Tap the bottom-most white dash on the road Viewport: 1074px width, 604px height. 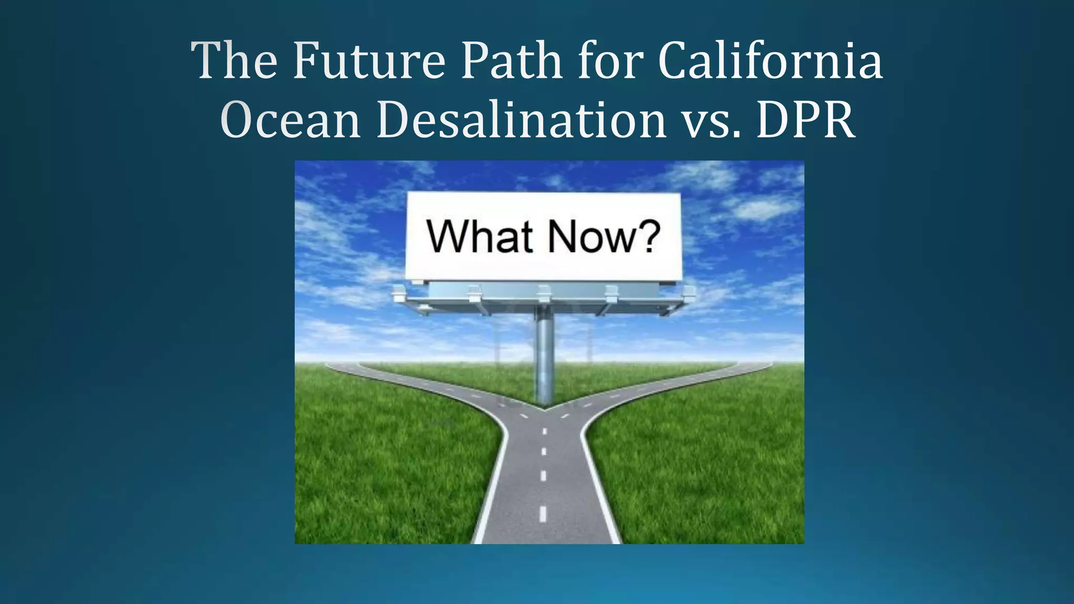pos(543,514)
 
